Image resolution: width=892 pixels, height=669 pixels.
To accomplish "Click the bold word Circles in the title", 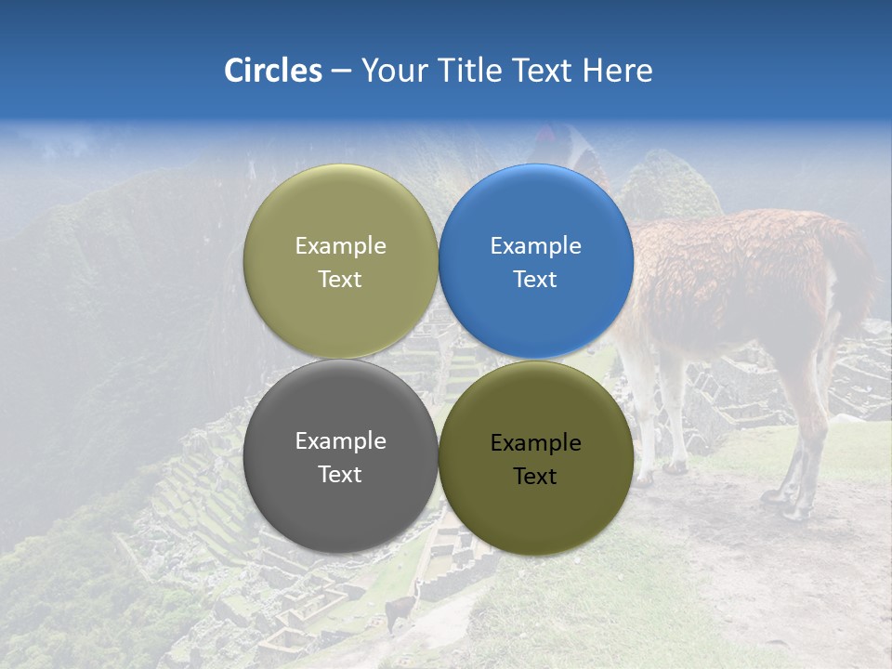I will [273, 71].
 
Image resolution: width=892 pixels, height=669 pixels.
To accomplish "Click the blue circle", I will [536, 261].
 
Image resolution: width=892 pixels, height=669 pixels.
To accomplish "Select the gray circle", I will [340, 456].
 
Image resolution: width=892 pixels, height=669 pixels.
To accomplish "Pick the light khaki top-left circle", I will [340, 261].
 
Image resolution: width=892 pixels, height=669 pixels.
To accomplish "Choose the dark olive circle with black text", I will [536, 456].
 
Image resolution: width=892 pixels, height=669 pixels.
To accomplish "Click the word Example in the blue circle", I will [535, 245].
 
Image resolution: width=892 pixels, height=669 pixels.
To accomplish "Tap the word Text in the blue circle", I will [535, 279].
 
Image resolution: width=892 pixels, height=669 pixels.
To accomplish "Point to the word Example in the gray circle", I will [340, 440].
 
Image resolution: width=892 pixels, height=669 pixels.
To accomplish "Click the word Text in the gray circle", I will [340, 474].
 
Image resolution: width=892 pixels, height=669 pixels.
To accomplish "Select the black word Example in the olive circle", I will [535, 442].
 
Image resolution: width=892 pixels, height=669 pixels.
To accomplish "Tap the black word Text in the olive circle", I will [535, 476].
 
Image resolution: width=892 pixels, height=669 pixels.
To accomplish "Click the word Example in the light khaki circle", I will [340, 245].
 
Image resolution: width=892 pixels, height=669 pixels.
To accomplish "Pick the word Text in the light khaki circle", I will [340, 279].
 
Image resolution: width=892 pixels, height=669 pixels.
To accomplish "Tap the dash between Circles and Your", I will [341, 72].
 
